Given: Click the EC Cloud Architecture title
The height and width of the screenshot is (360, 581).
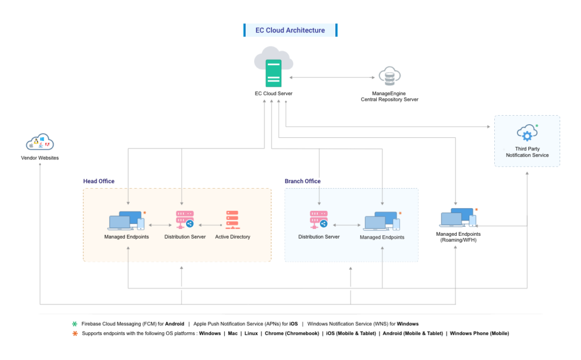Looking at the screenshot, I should [x=290, y=30].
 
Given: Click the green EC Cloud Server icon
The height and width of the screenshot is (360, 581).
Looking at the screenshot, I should [x=273, y=73].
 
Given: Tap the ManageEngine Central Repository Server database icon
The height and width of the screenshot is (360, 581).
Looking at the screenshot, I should [x=389, y=76].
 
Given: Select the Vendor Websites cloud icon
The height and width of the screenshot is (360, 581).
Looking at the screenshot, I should [x=40, y=142].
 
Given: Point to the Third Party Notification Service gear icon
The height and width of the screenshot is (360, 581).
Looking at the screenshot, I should [x=527, y=134].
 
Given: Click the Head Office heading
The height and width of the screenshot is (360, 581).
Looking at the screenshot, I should [x=99, y=181].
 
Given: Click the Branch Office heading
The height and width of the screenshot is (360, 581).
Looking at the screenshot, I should [x=302, y=181].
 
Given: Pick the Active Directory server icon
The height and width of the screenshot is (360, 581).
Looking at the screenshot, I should [x=233, y=220].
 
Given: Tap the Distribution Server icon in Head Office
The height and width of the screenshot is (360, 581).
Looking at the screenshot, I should [x=185, y=220].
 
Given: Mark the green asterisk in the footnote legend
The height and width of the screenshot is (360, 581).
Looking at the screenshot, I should [x=74, y=324].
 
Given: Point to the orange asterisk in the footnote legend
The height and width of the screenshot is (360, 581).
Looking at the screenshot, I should [x=74, y=333].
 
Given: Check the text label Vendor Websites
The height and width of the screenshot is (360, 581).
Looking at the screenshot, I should [x=40, y=158].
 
